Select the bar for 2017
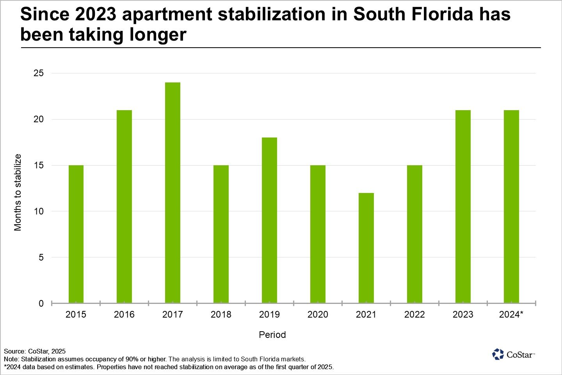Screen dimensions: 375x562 tap(173, 193)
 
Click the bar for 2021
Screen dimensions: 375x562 tap(366, 248)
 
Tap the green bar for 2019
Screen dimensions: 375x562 tap(269, 220)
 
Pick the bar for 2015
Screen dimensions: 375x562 tap(76, 234)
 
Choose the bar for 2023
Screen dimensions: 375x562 tap(463, 207)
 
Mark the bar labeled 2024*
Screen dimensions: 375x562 tap(511, 207)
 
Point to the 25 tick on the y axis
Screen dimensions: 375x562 tap(39, 73)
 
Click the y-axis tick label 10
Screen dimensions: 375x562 tap(39, 211)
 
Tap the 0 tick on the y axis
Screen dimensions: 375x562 tap(41, 304)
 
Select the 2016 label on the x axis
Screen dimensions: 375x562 tap(124, 314)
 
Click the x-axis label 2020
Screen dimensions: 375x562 tap(318, 314)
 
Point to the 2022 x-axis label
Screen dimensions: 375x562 tap(414, 314)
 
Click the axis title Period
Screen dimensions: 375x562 tap(272, 335)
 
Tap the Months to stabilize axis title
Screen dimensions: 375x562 tap(18, 192)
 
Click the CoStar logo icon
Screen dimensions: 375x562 tap(498, 354)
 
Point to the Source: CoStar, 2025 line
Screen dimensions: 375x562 tap(35, 351)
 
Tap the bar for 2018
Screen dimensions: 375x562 tap(221, 234)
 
